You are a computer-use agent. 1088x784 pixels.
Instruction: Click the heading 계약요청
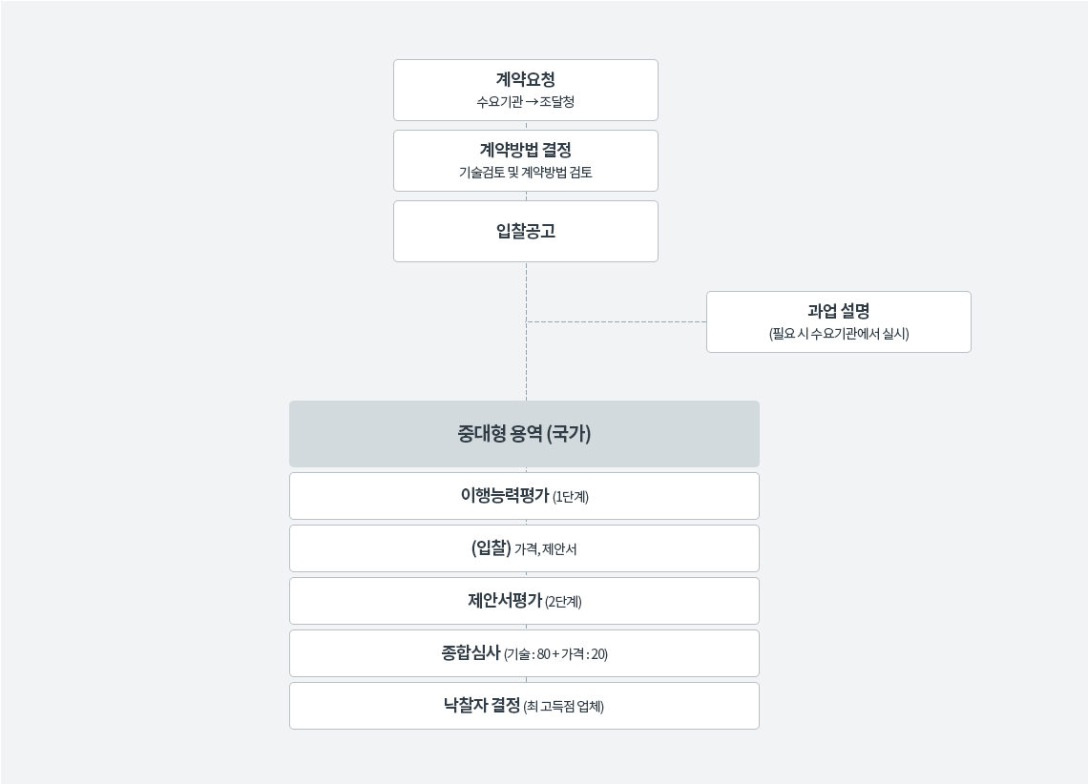(x=525, y=80)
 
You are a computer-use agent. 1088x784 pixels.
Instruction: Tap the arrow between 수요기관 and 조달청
(x=532, y=102)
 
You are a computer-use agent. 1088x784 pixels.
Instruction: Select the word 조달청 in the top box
(x=557, y=102)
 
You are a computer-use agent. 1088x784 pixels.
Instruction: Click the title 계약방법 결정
(x=525, y=151)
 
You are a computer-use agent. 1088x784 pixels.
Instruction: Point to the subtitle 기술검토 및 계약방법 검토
(x=525, y=173)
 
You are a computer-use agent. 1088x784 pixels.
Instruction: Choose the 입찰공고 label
(x=525, y=231)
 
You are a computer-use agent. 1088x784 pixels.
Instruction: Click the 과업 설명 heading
(x=838, y=311)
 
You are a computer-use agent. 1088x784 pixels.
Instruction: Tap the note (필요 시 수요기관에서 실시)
(x=838, y=334)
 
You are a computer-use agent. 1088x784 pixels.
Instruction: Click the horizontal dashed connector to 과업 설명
(x=617, y=321)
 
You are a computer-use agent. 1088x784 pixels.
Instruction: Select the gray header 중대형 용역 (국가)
(x=524, y=434)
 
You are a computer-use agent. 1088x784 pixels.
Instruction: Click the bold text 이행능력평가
(x=505, y=496)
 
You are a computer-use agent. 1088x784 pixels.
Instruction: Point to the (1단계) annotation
(x=571, y=497)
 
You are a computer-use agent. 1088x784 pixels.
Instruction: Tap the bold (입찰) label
(x=492, y=548)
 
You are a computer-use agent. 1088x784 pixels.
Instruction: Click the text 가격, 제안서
(x=545, y=549)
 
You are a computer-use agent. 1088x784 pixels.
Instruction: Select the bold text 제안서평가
(x=505, y=600)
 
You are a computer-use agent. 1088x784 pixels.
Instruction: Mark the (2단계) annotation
(x=563, y=602)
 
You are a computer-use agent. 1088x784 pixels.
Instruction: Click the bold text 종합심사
(x=471, y=653)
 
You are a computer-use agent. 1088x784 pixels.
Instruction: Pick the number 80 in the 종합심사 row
(x=543, y=654)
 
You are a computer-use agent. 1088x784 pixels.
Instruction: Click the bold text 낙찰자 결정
(x=482, y=706)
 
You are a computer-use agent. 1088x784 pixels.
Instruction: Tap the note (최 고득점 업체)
(x=563, y=707)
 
